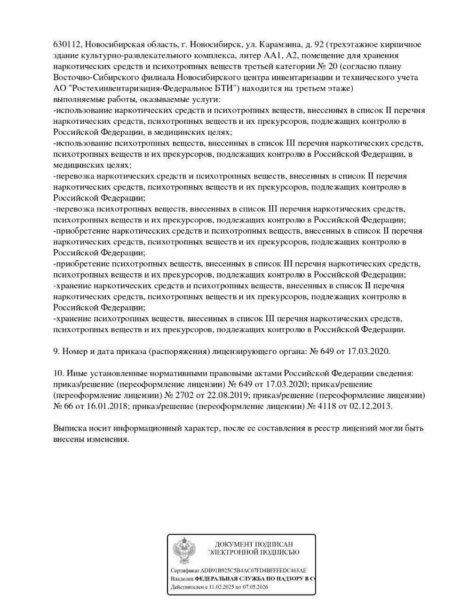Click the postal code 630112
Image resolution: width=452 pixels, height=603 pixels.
click(x=68, y=45)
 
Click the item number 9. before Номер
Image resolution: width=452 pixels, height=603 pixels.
click(x=57, y=351)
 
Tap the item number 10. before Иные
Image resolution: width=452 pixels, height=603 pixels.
click(x=59, y=374)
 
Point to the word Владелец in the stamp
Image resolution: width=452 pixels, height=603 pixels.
click(x=182, y=579)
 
